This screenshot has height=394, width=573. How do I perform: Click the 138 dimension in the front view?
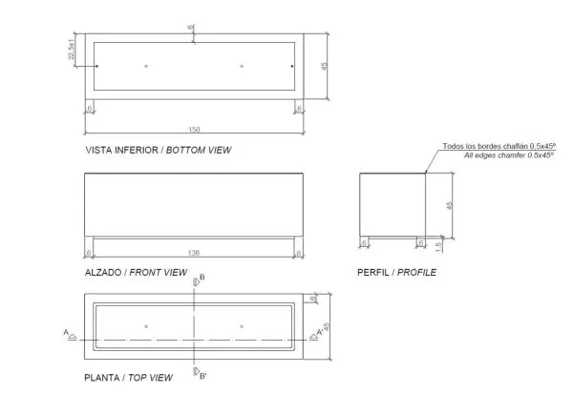tap(194, 252)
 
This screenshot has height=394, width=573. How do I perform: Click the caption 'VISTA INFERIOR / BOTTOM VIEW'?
tap(159, 150)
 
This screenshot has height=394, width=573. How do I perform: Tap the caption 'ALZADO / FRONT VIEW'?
tap(136, 272)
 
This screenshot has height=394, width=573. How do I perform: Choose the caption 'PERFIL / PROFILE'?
tap(396, 272)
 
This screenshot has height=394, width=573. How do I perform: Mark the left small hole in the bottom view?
tap(145, 66)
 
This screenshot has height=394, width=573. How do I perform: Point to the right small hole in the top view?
tap(242, 326)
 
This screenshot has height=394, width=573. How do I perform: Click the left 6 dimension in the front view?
tap(90, 252)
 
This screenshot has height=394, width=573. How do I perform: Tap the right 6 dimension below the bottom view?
tap(299, 109)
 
